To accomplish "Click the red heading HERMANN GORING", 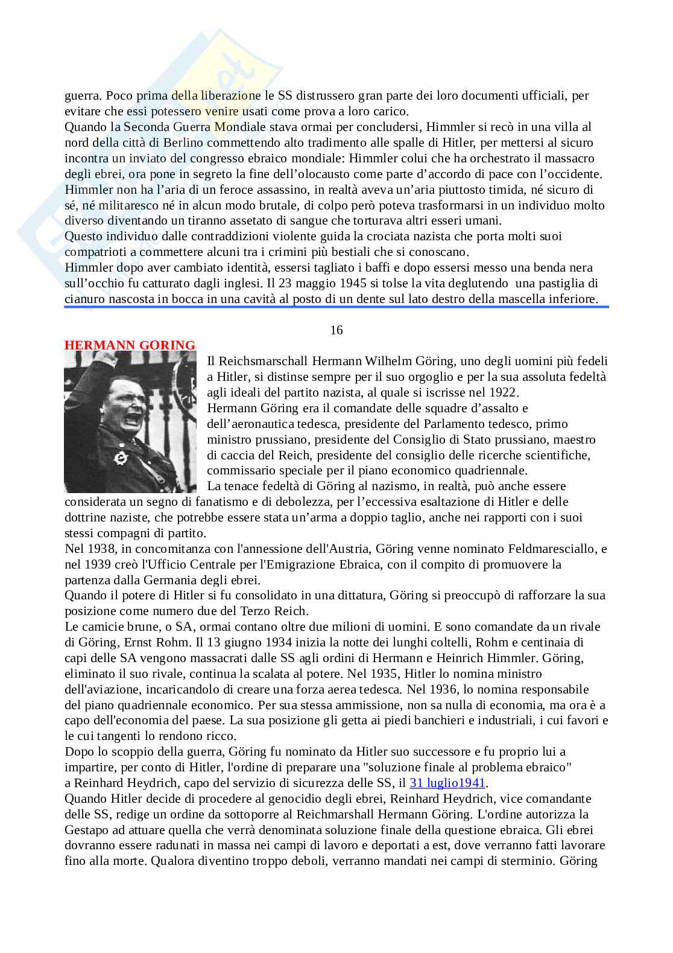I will pyautogui.click(x=130, y=345).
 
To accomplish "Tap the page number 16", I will pyautogui.click(x=336, y=330).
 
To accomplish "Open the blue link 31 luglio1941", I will pyautogui.click(x=447, y=783).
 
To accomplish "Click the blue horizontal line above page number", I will pyautogui.click(x=336, y=307).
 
